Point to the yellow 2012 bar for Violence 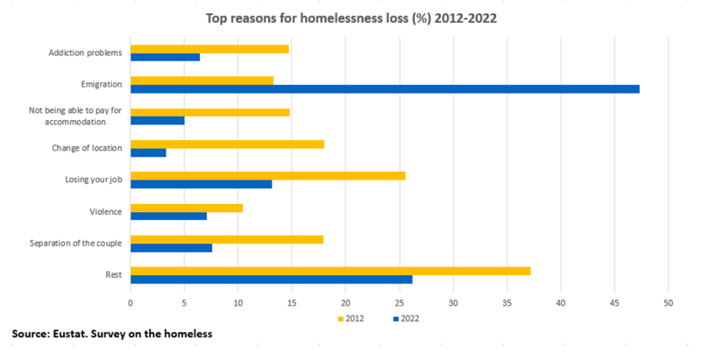coord(187,208)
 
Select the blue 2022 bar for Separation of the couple coord(171,248)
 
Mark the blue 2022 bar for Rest coord(271,279)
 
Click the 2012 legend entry coord(350,319)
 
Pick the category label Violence coord(105,212)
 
